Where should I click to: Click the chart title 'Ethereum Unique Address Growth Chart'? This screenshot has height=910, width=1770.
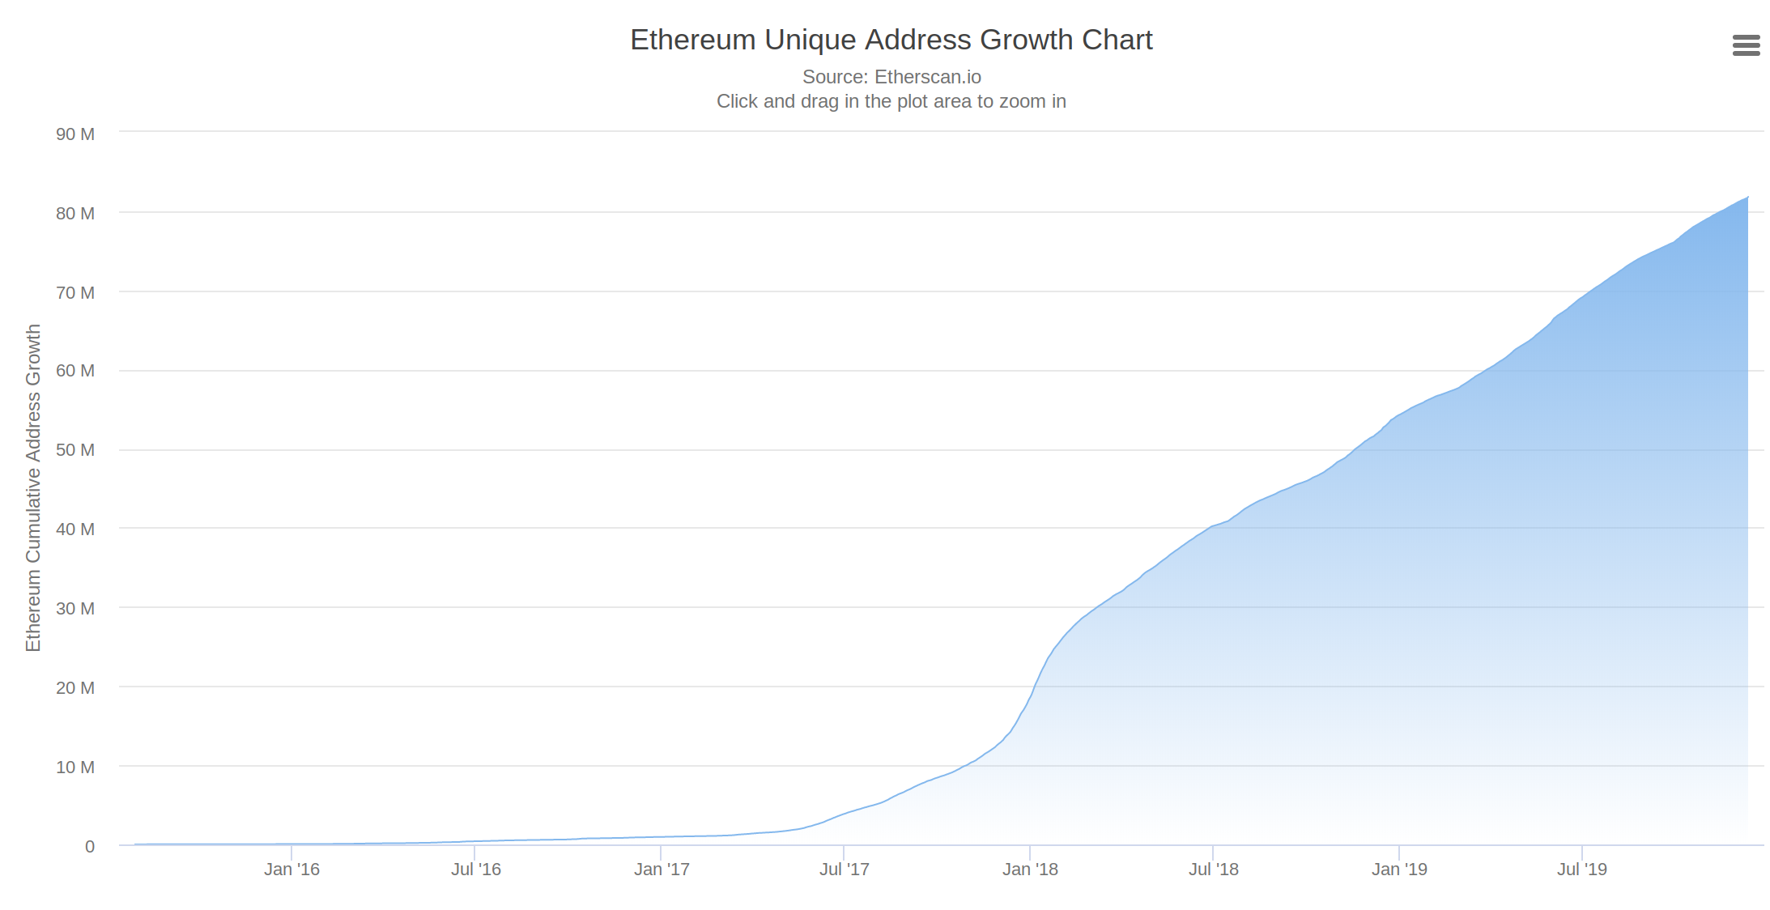(891, 40)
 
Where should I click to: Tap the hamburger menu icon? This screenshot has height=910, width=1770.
(1747, 45)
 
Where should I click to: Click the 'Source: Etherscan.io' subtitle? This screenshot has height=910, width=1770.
(891, 77)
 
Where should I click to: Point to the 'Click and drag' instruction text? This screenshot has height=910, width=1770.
(891, 101)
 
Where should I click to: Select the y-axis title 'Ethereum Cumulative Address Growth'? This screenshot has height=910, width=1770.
(33, 487)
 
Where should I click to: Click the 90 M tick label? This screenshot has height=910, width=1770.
(75, 134)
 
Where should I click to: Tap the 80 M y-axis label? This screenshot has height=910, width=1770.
(75, 214)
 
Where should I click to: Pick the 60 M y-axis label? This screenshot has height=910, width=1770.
(75, 371)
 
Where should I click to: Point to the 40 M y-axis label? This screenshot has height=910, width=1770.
(75, 529)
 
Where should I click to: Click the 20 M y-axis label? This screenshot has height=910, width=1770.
(75, 688)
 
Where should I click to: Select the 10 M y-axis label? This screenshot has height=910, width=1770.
(75, 768)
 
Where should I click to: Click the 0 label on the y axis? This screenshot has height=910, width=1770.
(90, 847)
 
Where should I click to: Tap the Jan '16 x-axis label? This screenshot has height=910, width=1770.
(291, 870)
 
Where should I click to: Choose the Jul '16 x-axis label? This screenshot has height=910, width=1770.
(476, 870)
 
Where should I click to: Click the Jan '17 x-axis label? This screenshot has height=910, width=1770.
(662, 870)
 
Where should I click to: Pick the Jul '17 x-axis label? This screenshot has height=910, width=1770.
(845, 870)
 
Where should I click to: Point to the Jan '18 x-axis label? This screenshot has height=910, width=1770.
(1030, 870)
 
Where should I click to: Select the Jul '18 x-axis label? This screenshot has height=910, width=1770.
(1214, 870)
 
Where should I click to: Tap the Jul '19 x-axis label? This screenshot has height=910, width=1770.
(1582, 870)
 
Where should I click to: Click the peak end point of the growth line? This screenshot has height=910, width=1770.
(1747, 197)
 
